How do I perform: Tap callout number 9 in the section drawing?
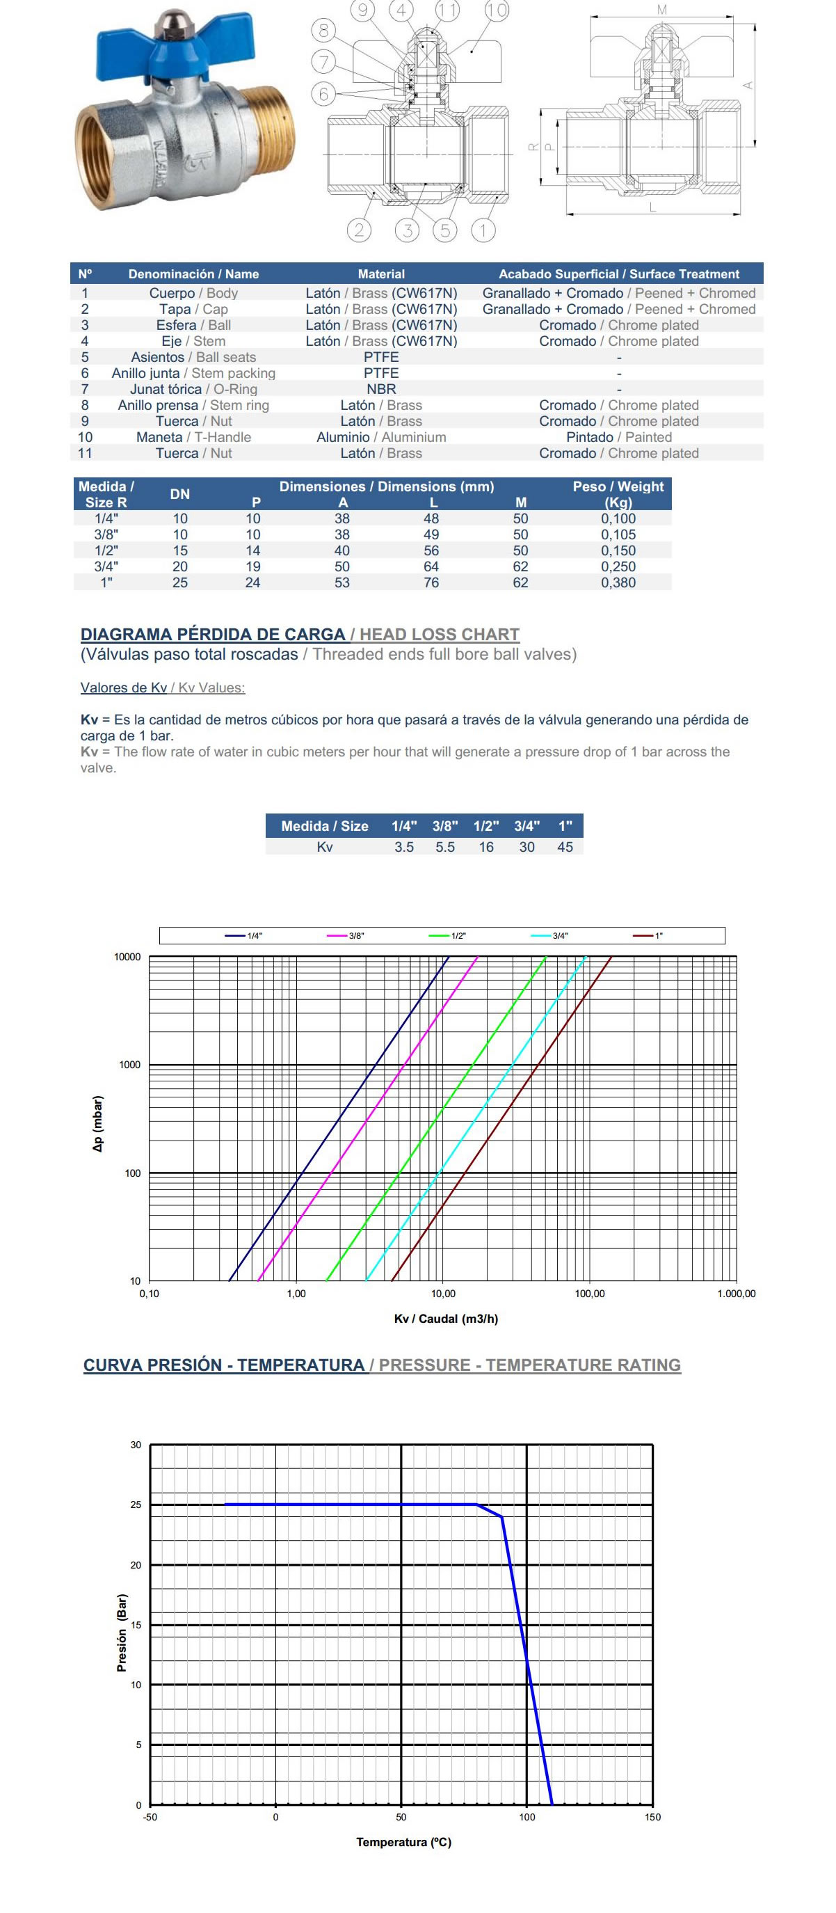pyautogui.click(x=363, y=10)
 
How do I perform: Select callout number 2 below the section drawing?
pyautogui.click(x=360, y=230)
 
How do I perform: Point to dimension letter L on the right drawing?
pyautogui.click(x=652, y=207)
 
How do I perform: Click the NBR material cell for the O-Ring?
pyautogui.click(x=381, y=389)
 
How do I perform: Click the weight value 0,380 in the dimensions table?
pyautogui.click(x=618, y=583)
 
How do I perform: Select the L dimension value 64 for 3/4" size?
pyautogui.click(x=431, y=566)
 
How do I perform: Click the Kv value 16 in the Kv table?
pyautogui.click(x=485, y=848)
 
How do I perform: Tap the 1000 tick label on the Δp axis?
pyautogui.click(x=129, y=1065)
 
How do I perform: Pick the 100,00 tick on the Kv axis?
pyautogui.click(x=590, y=1294)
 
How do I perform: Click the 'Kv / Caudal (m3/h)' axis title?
pyautogui.click(x=445, y=1319)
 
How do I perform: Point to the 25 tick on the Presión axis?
pyautogui.click(x=135, y=1505)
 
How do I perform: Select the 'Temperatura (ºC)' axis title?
pyautogui.click(x=403, y=1843)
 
